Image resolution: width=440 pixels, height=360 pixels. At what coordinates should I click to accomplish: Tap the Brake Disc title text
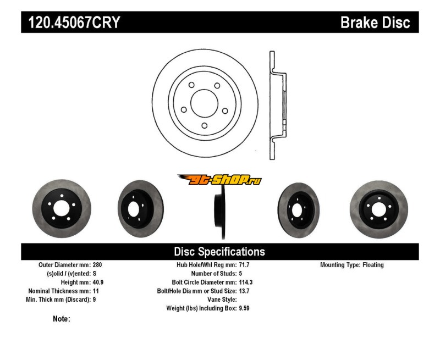tap(375, 23)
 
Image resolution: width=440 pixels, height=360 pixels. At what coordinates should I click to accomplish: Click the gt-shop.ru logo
tap(219, 180)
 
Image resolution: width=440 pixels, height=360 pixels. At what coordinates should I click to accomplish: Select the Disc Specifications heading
tap(219, 252)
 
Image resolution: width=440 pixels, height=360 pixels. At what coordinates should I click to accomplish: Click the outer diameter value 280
tap(98, 265)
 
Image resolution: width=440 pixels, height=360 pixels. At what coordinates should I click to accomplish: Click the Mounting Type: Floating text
tap(352, 265)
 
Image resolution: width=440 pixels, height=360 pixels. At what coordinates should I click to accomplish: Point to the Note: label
tap(61, 319)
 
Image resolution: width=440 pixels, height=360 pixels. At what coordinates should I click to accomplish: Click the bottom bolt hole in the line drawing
tap(205, 125)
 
